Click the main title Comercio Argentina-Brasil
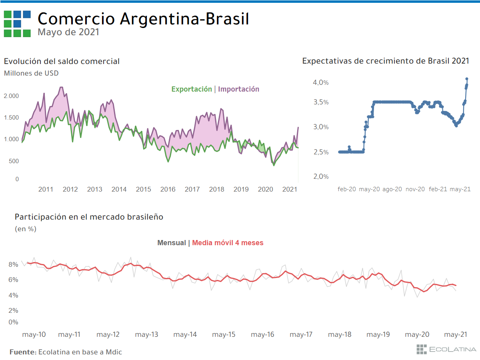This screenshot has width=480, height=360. coord(143,19)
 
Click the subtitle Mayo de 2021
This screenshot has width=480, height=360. coord(68,32)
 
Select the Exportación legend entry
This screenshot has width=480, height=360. coord(192,89)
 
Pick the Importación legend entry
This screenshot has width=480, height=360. coord(239,89)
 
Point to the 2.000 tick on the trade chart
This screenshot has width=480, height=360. coord(11,96)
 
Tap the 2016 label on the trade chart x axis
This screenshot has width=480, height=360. coord(168,189)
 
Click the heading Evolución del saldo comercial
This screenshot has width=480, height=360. coord(62,61)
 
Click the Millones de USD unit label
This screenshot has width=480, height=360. coord(31,73)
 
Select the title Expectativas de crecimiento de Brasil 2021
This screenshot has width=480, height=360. coord(386,61)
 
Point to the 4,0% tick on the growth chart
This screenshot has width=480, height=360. coord(321,82)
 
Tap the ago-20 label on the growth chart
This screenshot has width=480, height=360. coord(392,189)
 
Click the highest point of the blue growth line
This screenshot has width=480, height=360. coord(467,79)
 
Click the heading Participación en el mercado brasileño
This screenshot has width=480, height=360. coord(89,217)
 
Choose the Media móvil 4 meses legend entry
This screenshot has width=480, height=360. coord(228,243)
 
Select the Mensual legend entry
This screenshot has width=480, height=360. coord(172,243)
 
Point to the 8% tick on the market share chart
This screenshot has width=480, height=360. coord(13,264)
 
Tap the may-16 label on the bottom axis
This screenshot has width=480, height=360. coord(263,334)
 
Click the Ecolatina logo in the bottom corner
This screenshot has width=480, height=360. coord(446,349)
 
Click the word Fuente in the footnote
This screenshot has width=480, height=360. coord(23,352)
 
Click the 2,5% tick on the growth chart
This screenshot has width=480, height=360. coord(321,152)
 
